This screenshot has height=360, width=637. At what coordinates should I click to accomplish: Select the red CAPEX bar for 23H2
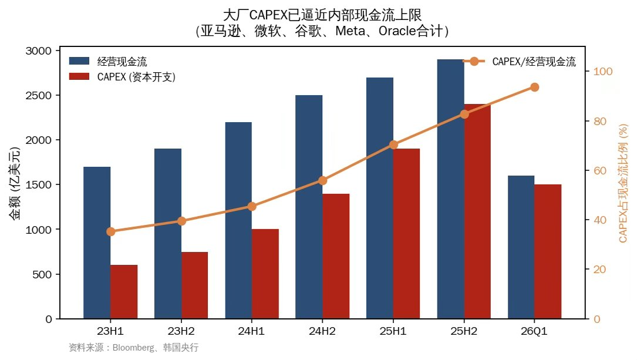pos(194,285)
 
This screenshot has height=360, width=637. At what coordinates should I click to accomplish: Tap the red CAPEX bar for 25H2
pos(477,211)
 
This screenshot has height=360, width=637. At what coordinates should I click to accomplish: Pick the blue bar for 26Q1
pos(521,247)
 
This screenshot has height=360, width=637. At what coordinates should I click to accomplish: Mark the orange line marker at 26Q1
pos(534,87)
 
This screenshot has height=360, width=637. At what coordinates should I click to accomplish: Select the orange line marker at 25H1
pos(393,144)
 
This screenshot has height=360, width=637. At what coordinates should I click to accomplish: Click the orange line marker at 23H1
pos(110,231)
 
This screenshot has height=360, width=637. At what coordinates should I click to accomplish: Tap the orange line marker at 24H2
pos(322,180)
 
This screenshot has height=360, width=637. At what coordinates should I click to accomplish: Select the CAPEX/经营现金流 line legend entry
pos(520,61)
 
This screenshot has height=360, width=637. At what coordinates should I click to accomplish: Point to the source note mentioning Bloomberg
pos(133,348)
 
